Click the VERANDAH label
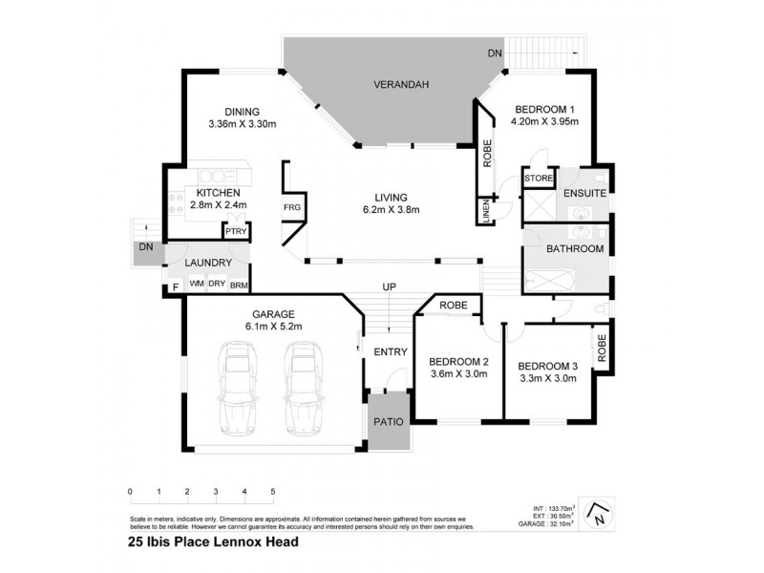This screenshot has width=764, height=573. click(x=400, y=85)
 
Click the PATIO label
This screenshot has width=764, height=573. click(x=390, y=421)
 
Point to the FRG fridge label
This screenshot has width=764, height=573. click(x=291, y=207)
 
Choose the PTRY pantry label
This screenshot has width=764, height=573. click(x=235, y=231)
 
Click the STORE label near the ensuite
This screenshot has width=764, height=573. click(x=540, y=179)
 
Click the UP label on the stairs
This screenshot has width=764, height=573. click(x=389, y=286)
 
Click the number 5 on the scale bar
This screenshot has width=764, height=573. click(x=273, y=491)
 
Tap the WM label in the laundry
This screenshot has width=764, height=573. click(x=197, y=284)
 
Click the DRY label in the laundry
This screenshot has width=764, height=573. click(x=217, y=284)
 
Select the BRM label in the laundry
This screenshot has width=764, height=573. click(x=240, y=284)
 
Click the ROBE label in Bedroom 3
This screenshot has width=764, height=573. click(x=603, y=346)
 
